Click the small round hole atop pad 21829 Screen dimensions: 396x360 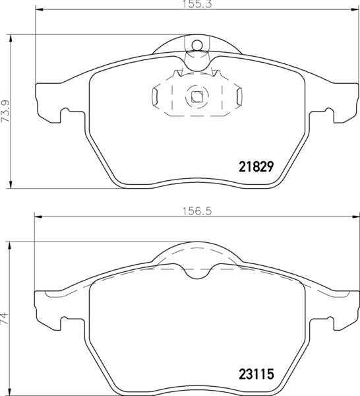(196, 46)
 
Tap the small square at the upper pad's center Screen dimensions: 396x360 (196, 96)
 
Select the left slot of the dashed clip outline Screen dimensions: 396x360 (155, 97)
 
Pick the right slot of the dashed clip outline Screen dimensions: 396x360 (237, 97)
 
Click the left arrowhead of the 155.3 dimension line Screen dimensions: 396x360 (37, 11)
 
